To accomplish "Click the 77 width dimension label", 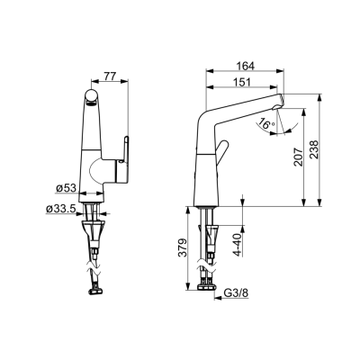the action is click(x=110, y=76).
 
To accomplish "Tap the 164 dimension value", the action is click(x=245, y=66).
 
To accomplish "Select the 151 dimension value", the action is click(x=242, y=82).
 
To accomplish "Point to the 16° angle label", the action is click(x=267, y=124).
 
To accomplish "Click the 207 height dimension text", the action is click(x=298, y=157).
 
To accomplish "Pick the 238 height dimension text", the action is click(x=313, y=149).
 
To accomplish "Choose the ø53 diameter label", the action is click(x=67, y=188).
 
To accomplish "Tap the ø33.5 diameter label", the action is click(x=60, y=208).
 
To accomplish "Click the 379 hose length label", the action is click(x=183, y=247).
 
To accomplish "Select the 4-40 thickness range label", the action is click(x=238, y=245).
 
